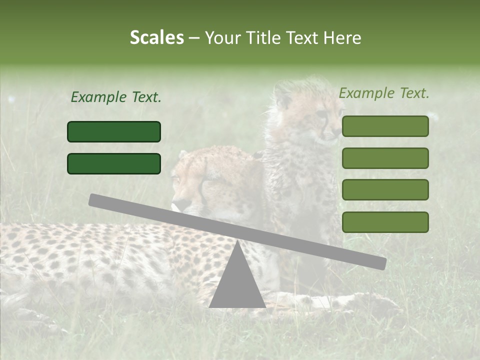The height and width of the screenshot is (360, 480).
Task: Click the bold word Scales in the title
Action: [156, 38]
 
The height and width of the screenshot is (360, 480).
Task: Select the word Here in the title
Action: [343, 38]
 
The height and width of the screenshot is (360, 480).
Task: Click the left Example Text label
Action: [116, 97]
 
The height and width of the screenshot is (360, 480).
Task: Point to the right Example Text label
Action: [384, 93]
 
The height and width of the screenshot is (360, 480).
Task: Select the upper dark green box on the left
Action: [114, 131]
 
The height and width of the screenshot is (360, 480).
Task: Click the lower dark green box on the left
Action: [114, 163]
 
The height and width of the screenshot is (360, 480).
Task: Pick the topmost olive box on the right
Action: [385, 126]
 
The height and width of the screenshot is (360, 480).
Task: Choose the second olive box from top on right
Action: [385, 158]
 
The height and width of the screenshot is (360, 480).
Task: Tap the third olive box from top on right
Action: [385, 189]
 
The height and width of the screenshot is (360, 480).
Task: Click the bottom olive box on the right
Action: [385, 222]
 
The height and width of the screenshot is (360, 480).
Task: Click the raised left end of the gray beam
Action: [95, 200]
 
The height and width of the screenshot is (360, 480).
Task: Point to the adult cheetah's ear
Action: [182, 155]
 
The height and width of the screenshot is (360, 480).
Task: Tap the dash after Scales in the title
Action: [194, 38]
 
